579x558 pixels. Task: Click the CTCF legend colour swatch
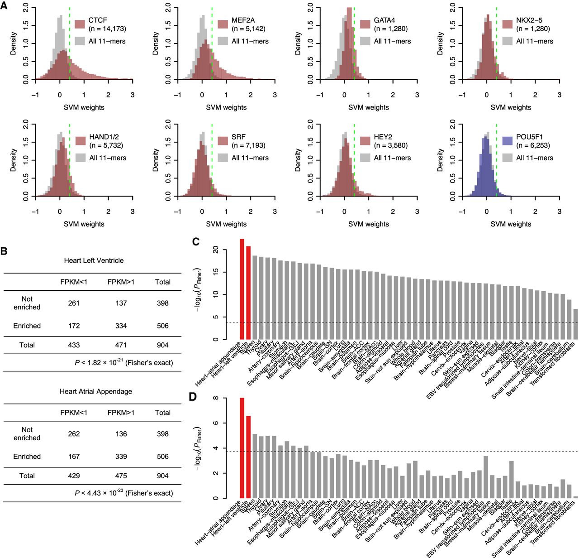(80, 24)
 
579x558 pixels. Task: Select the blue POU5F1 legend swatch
(507, 141)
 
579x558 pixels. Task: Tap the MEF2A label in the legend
(243, 20)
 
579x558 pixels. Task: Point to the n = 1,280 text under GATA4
(391, 29)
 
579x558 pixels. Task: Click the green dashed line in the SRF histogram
(212, 159)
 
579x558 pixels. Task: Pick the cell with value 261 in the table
(74, 303)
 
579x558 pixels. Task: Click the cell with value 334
(121, 326)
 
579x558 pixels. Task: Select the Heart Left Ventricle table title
(94, 260)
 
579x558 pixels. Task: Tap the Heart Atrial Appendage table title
(96, 391)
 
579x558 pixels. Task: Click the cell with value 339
(121, 457)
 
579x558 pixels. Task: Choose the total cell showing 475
(121, 476)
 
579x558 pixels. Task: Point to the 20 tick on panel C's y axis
(216, 250)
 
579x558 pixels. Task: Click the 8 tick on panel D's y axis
(216, 398)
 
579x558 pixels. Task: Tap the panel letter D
(193, 397)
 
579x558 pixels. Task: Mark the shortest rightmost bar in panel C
(575, 324)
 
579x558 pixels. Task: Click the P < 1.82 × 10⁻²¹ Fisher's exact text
(123, 362)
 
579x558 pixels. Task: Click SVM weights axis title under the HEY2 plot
(369, 224)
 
